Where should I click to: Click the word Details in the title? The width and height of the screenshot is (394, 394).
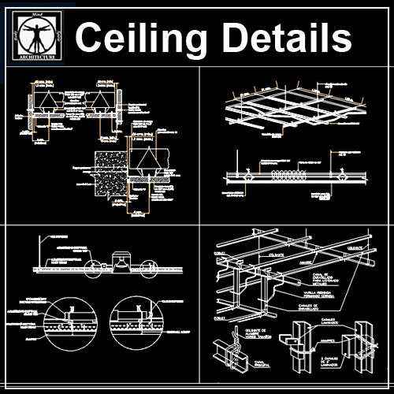287,39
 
